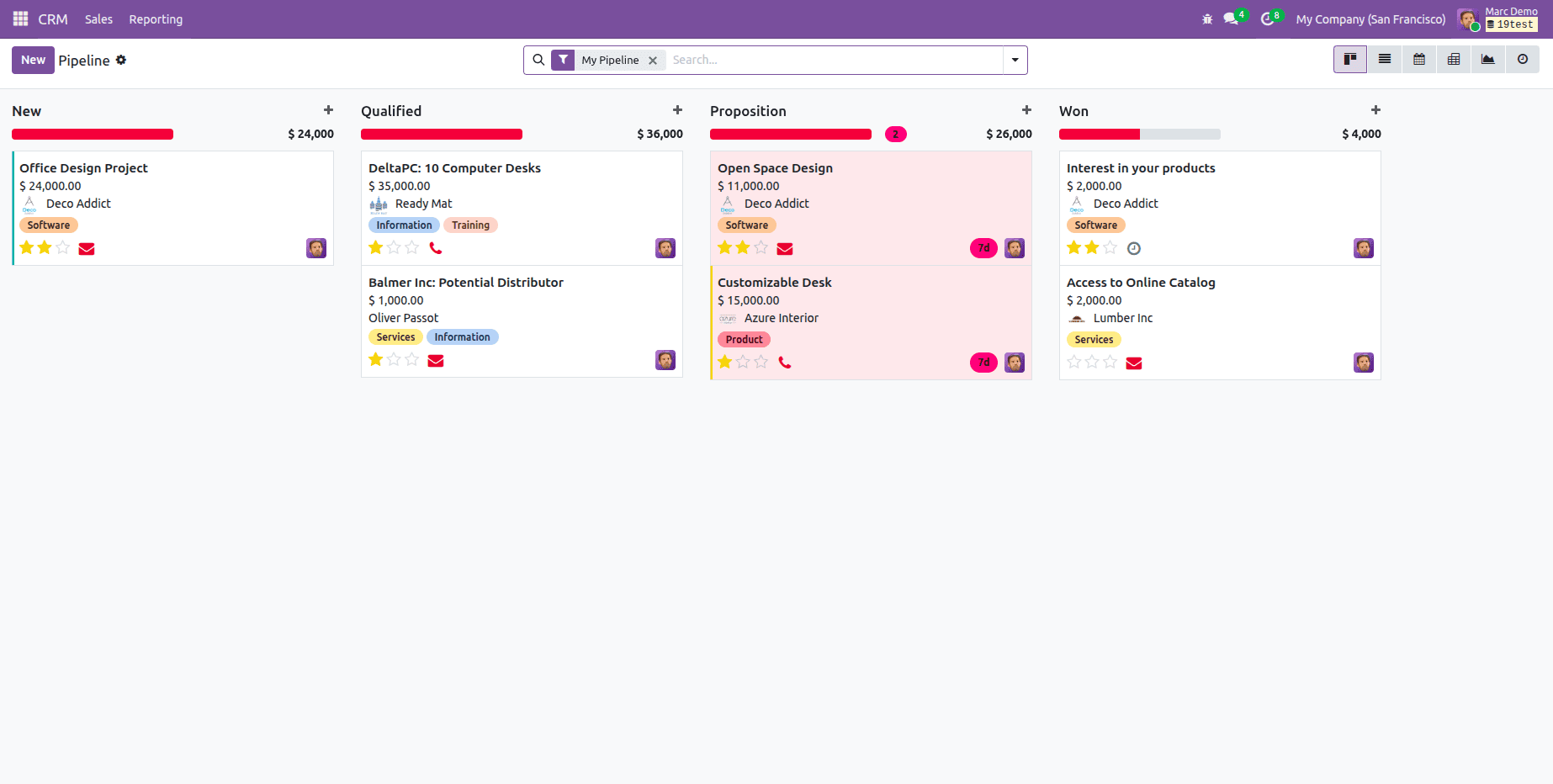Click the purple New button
33,60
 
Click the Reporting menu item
156,19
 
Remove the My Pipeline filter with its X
653,61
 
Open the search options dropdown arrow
1015,60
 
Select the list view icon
1385,60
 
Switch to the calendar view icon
1419,60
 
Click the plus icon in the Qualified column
677,110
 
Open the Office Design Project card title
83,168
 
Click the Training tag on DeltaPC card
470,225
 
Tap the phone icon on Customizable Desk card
785,363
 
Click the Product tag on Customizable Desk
744,340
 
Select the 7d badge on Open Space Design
983,248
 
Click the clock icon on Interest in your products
1134,248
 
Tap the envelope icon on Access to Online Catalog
1134,363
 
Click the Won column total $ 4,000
1361,134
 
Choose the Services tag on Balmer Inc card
395,337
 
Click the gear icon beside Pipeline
121,60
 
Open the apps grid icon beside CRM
20,19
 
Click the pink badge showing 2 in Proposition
896,135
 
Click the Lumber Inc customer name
1122,318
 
